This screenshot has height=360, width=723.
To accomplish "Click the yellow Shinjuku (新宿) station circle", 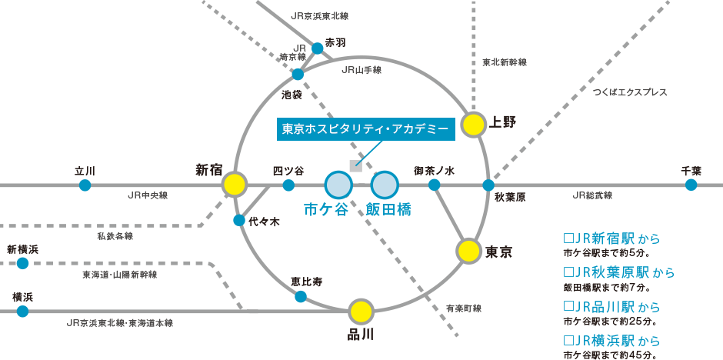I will [235, 185].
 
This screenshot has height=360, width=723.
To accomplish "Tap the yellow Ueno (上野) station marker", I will [474, 124].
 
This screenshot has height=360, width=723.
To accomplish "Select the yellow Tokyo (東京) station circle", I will [468, 250].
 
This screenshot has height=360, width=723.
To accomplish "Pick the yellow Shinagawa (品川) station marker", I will [361, 311].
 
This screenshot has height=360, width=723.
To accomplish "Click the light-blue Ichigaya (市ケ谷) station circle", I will [338, 185].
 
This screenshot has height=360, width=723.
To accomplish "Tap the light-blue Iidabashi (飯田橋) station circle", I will [385, 185].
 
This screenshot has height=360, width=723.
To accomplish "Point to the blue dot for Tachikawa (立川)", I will [85, 185].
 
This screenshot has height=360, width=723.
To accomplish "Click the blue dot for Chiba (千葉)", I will [691, 185].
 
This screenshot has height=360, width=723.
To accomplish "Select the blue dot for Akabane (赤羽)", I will [318, 48].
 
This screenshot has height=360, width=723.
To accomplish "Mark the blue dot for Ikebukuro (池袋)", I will [298, 75].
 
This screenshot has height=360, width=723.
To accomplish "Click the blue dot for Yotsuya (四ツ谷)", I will [288, 185].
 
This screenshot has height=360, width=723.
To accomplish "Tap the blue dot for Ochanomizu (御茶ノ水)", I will [434, 185].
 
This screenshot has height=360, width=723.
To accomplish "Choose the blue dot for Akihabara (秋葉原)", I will [488, 185].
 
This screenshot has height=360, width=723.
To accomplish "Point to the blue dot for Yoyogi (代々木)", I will [239, 221].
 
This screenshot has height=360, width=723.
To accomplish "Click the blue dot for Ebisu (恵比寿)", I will [301, 296].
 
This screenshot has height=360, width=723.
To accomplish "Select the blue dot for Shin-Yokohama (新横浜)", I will [22, 263].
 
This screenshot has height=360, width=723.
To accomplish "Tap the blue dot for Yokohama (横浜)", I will [22, 311].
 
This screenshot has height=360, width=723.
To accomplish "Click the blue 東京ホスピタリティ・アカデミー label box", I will [365, 129].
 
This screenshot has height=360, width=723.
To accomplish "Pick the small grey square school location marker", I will [355, 166].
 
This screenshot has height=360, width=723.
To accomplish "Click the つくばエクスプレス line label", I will [630, 92].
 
